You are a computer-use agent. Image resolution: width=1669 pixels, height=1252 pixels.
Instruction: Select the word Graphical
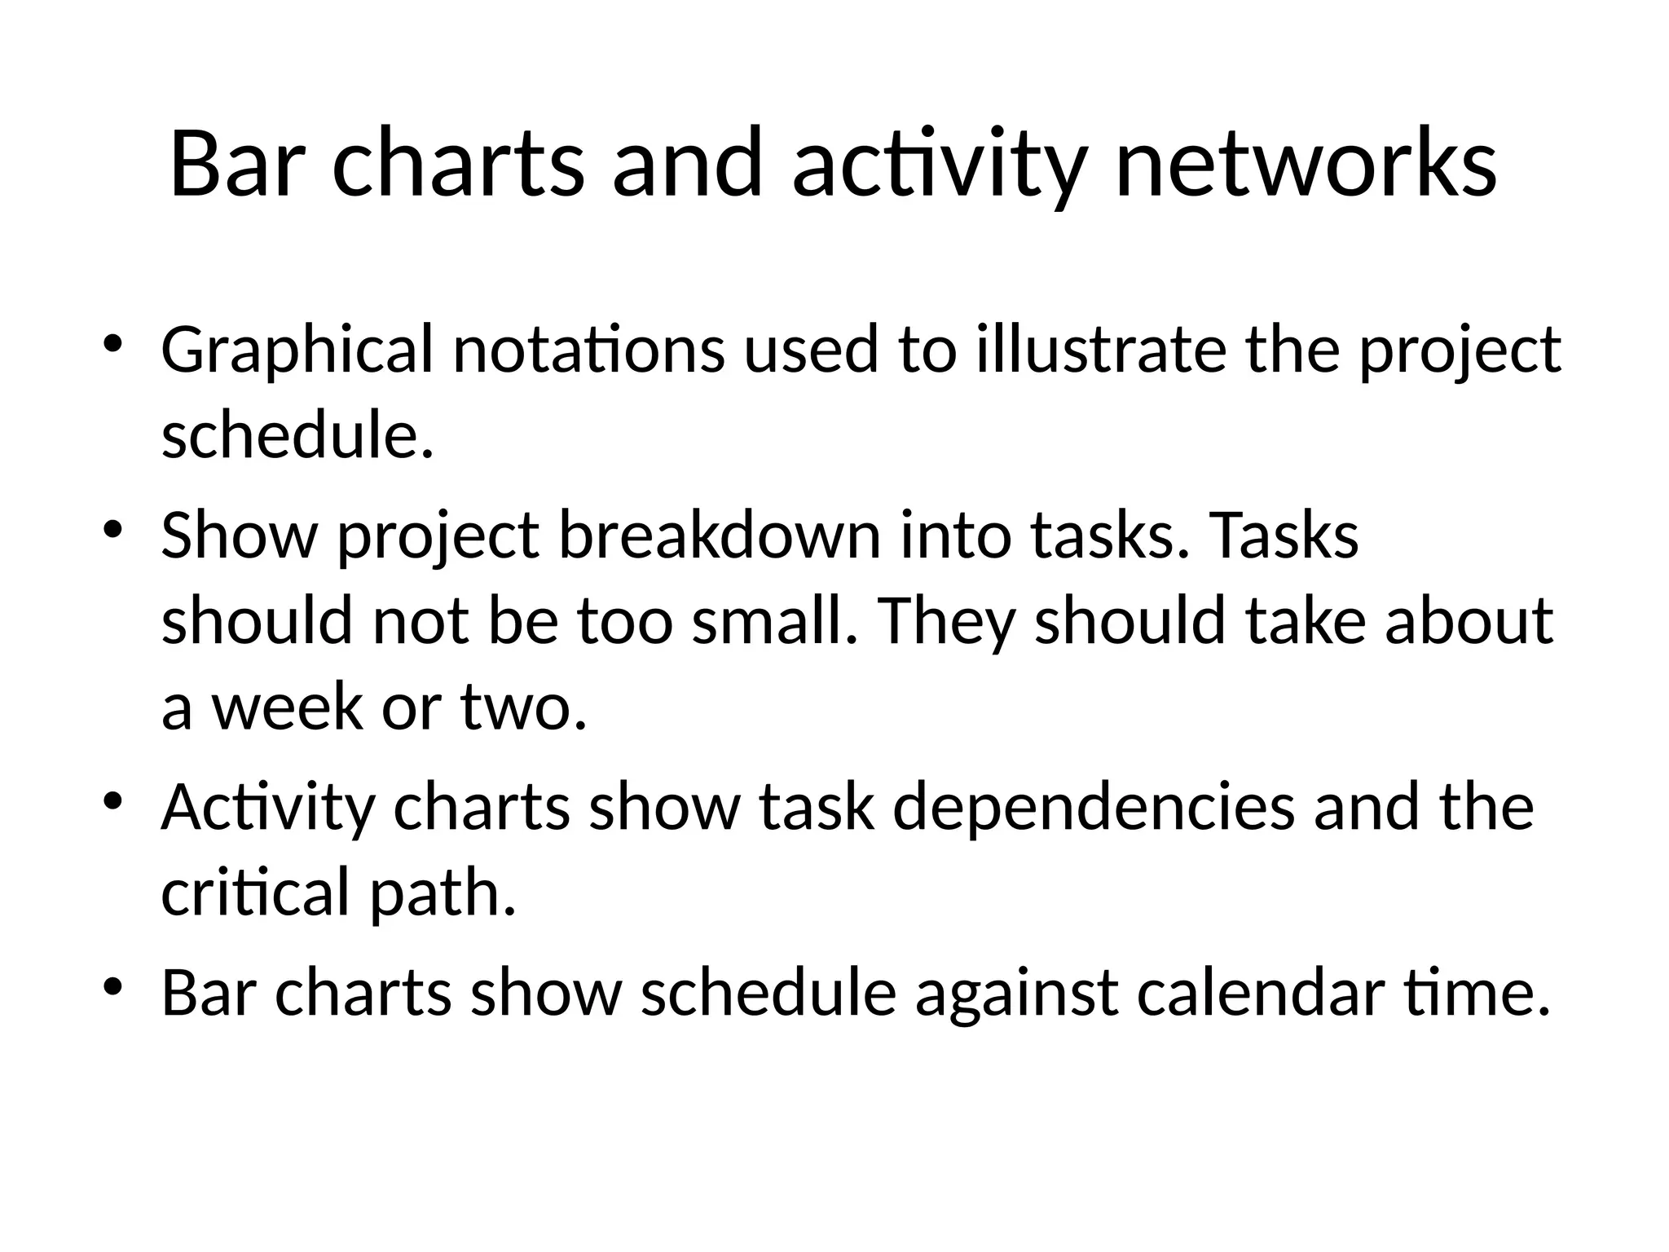click(x=297, y=350)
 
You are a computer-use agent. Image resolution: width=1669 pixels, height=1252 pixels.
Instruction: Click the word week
click(x=287, y=705)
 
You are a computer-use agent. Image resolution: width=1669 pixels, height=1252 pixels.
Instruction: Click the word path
click(x=443, y=893)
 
